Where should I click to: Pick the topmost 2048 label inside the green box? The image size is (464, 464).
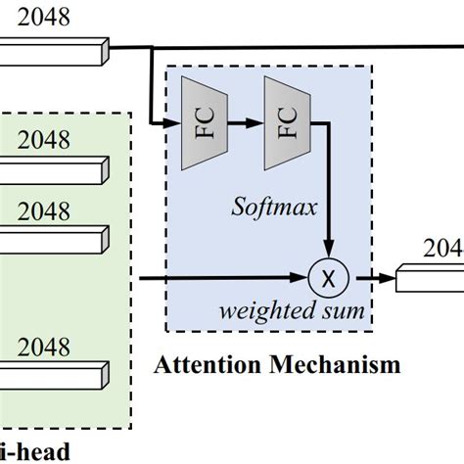[x=44, y=139]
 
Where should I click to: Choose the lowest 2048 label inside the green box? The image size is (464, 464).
[x=44, y=348]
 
